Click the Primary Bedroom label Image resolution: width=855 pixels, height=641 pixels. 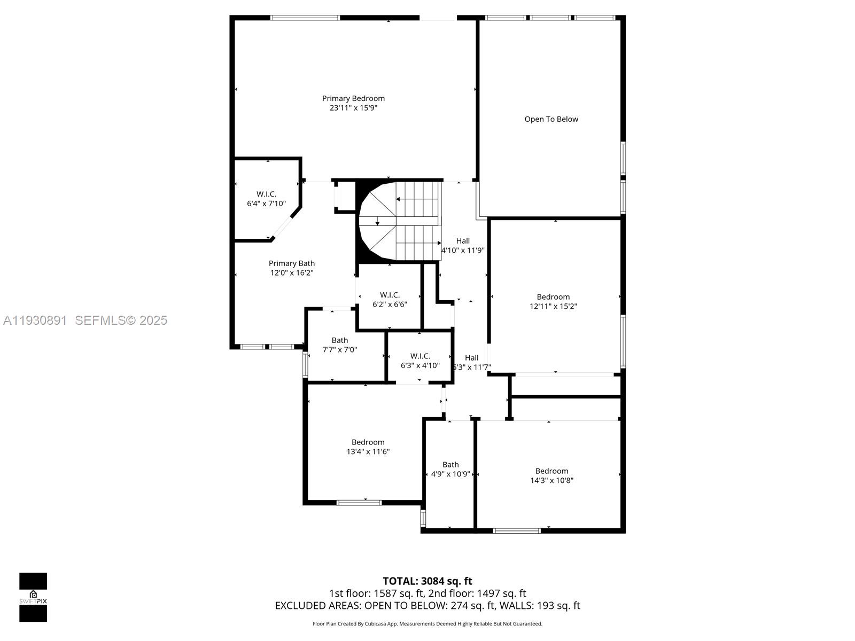click(353, 98)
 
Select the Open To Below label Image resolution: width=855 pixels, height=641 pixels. click(551, 119)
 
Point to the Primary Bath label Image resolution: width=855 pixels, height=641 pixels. click(291, 263)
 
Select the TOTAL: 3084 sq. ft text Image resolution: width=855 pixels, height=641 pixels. click(427, 581)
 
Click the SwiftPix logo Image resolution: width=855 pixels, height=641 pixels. click(33, 597)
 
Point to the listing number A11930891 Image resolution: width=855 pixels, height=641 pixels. click(35, 320)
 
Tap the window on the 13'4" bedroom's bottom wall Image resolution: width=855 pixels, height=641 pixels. click(359, 502)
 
